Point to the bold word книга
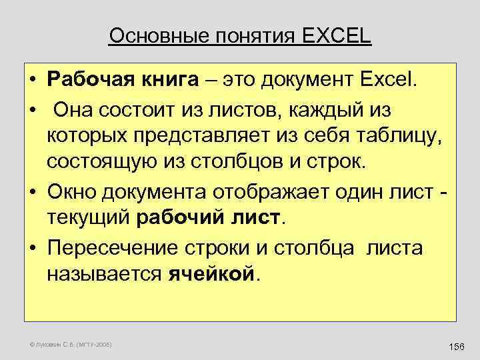point(165,81)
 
